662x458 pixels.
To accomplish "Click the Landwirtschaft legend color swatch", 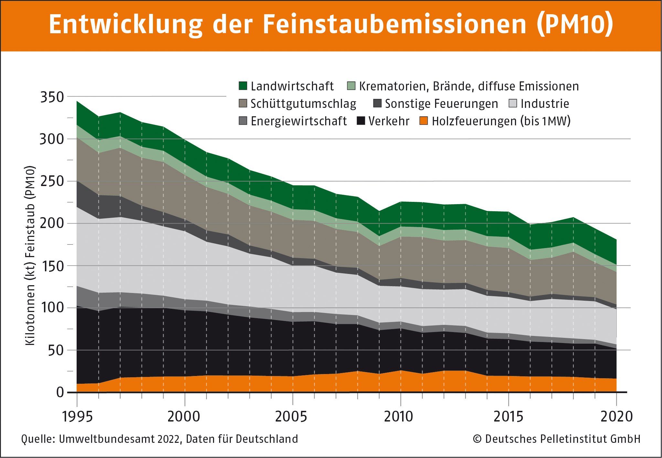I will pyautogui.click(x=243, y=86).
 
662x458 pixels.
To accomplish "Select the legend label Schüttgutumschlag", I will pyautogui.click(x=303, y=104).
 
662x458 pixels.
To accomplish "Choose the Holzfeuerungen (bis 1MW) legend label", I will pyautogui.click(x=501, y=121).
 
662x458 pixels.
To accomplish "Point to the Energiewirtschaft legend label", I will pyautogui.click(x=298, y=121).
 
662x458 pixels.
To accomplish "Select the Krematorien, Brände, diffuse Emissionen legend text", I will pyautogui.click(x=469, y=86).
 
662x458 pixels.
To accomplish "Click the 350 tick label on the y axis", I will pyautogui.click(x=52, y=97).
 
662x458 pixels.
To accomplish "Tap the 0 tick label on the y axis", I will pyautogui.click(x=60, y=392).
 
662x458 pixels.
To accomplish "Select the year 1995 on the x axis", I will pyautogui.click(x=77, y=417).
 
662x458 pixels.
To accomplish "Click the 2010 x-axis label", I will pyautogui.click(x=398, y=417).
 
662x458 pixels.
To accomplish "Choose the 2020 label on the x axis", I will pyautogui.click(x=616, y=417).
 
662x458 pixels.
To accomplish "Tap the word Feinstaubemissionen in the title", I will pyautogui.click(x=395, y=24).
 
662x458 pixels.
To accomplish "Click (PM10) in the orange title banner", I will pyautogui.click(x=575, y=24).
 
